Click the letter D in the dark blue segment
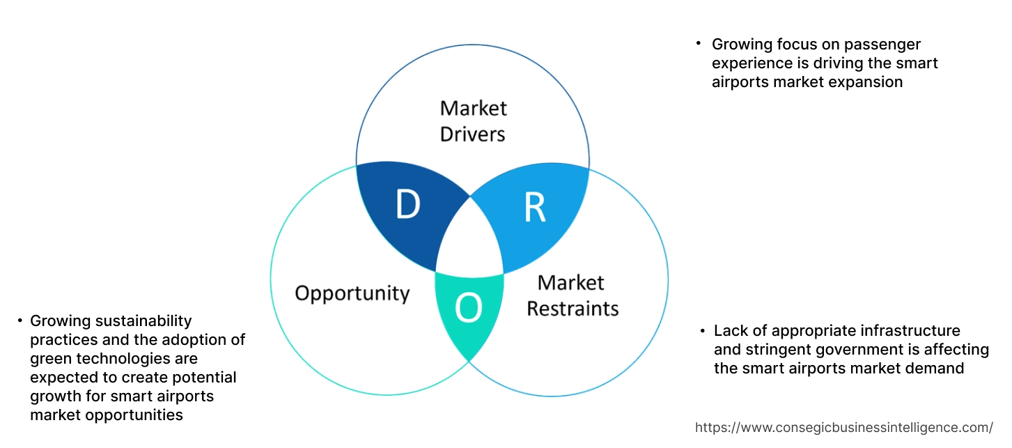pyautogui.click(x=408, y=204)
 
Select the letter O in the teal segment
pyautogui.click(x=468, y=309)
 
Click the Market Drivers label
pyautogui.click(x=473, y=121)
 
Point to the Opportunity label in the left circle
pyautogui.click(x=352, y=293)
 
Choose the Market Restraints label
pyautogui.click(x=572, y=295)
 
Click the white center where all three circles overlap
pyautogui.click(x=469, y=245)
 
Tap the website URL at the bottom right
pyautogui.click(x=843, y=427)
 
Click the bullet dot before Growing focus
pyautogui.click(x=699, y=43)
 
